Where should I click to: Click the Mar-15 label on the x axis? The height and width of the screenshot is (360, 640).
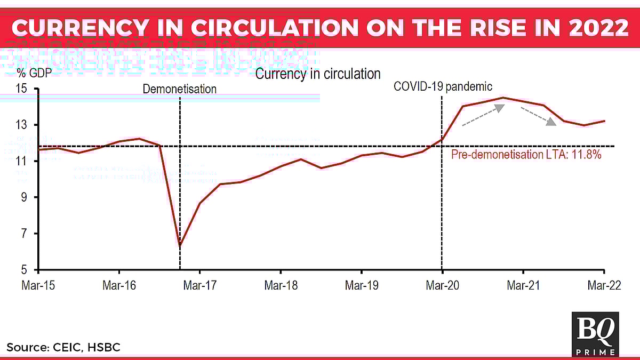pos(38,285)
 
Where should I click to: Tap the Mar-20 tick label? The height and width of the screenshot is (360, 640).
pos(442,285)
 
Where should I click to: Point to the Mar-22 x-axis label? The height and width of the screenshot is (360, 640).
pos(604,285)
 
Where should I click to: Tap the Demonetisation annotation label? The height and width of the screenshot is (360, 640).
pos(180,89)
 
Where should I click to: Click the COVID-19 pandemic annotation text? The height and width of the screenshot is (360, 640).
pos(443,86)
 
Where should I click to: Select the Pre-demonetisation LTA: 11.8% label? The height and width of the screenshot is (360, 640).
pos(526,155)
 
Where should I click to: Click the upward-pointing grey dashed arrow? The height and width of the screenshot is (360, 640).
pos(483,115)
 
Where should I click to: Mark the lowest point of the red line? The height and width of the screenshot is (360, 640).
pos(180,246)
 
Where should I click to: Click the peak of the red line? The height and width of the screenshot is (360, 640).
pos(502,98)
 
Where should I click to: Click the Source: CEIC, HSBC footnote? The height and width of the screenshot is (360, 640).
pos(63,348)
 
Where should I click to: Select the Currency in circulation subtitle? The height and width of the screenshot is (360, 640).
pos(318,74)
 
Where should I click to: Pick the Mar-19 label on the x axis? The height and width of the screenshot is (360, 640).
pos(362,285)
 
